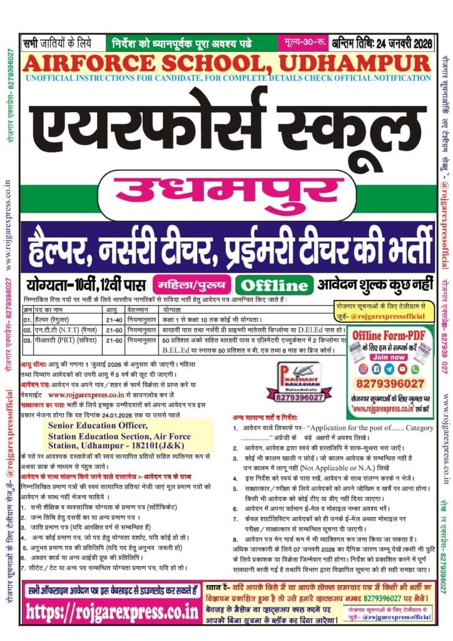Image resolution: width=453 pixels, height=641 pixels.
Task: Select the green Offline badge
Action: [x=275, y=285]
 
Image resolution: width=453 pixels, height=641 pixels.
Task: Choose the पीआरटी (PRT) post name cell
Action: [x=59, y=339]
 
